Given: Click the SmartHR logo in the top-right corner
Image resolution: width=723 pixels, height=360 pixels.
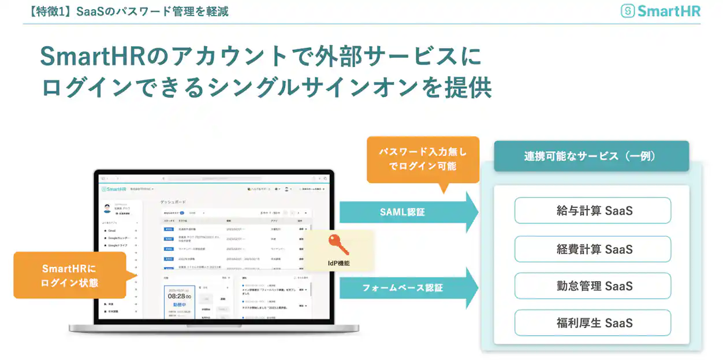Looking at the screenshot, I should click(x=661, y=11).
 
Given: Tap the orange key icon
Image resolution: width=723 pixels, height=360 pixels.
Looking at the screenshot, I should click(x=338, y=245).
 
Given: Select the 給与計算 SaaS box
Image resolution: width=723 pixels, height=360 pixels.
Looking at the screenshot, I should click(x=592, y=211).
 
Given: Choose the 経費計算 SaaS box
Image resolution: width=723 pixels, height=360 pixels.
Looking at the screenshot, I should click(x=592, y=249).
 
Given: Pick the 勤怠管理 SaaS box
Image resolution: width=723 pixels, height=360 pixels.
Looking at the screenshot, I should click(x=592, y=286).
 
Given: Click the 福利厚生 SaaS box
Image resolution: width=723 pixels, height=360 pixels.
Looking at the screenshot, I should click(x=592, y=323).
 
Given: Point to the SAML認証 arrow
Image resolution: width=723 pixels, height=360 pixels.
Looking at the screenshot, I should click(x=407, y=212).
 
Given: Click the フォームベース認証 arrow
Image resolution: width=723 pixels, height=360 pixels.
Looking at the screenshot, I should click(x=407, y=287).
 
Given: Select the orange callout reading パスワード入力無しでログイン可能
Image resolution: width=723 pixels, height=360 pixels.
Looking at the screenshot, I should click(x=423, y=159).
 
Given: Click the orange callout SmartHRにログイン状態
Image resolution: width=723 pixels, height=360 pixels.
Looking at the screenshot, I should click(x=69, y=276).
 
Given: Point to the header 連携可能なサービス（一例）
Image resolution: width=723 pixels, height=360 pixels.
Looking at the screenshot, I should click(x=591, y=156).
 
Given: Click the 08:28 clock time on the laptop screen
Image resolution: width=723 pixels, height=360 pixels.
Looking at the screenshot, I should click(x=180, y=296).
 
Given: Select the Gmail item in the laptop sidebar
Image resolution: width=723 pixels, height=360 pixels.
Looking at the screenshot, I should click(x=113, y=230).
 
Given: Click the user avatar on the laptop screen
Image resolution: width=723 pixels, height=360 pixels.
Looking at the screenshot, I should click(x=107, y=207).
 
